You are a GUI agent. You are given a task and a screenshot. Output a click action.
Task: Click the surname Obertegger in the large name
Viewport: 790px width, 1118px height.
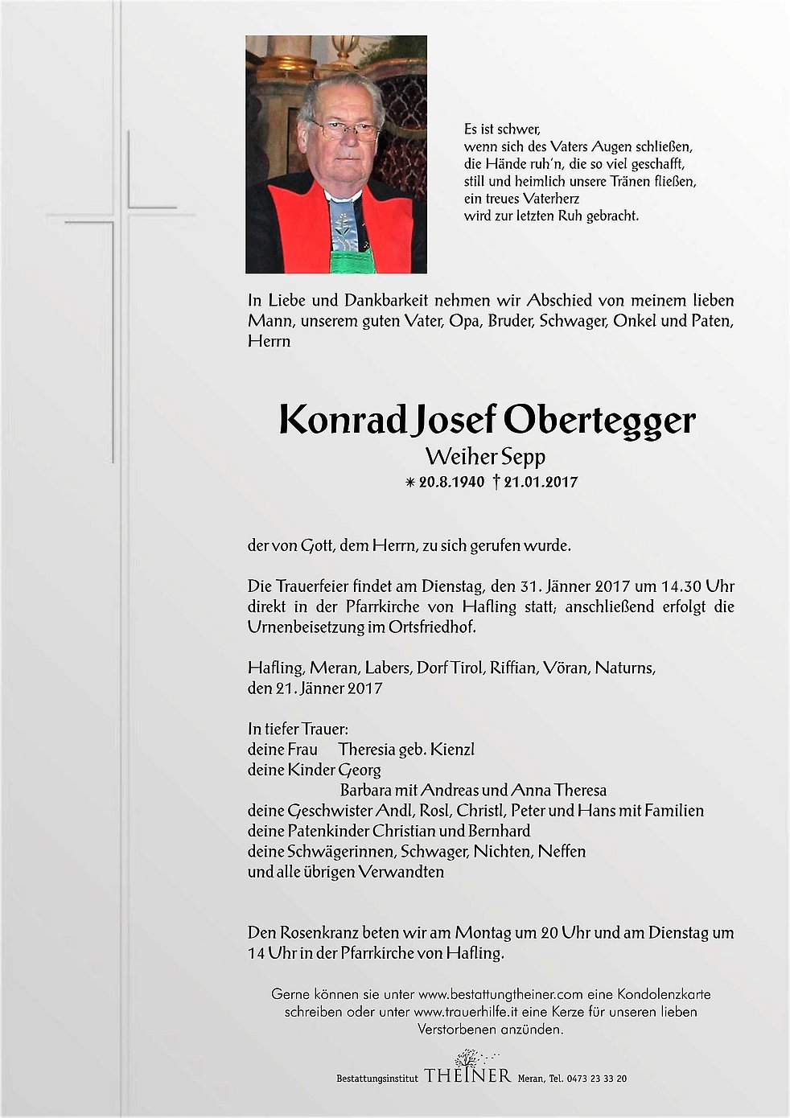pos(599,421)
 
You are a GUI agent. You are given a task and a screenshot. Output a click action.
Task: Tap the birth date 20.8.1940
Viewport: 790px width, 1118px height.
pos(451,482)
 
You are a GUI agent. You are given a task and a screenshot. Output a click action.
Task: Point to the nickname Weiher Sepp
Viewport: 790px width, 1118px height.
pos(485,457)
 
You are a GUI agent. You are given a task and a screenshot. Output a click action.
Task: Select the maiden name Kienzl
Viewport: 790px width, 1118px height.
pos(452,750)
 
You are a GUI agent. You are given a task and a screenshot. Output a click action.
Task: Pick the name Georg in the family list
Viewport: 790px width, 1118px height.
pos(359,770)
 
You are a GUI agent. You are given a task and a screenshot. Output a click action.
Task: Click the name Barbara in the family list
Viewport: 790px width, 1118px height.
pos(365,790)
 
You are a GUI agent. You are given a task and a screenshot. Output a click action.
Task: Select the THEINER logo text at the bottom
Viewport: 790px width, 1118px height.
pos(467,1076)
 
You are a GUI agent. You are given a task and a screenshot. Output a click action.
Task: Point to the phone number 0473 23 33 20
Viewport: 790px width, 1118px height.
pos(597,1079)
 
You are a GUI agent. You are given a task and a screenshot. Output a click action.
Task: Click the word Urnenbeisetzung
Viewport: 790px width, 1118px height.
pos(306,627)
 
